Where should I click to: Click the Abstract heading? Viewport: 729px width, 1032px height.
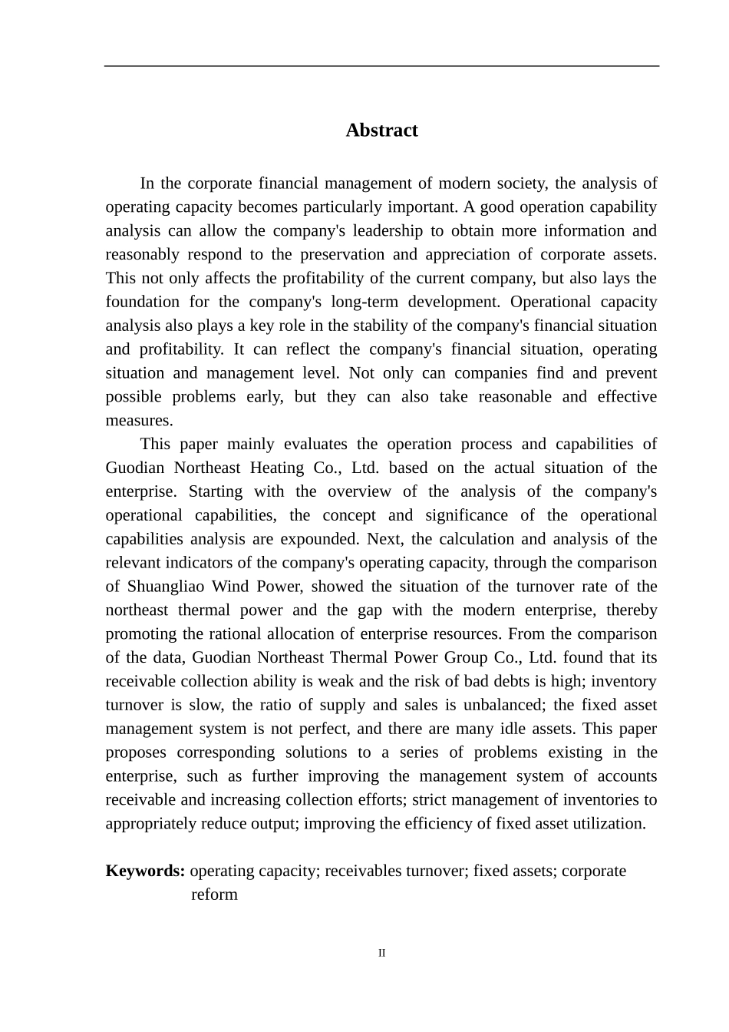point(381,131)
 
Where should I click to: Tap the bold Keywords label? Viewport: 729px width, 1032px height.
point(145,871)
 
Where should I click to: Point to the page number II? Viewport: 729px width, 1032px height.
point(381,954)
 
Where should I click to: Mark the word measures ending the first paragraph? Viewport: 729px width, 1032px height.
point(138,421)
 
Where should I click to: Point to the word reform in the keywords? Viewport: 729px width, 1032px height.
point(214,895)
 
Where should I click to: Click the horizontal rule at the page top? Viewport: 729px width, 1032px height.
point(381,66)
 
